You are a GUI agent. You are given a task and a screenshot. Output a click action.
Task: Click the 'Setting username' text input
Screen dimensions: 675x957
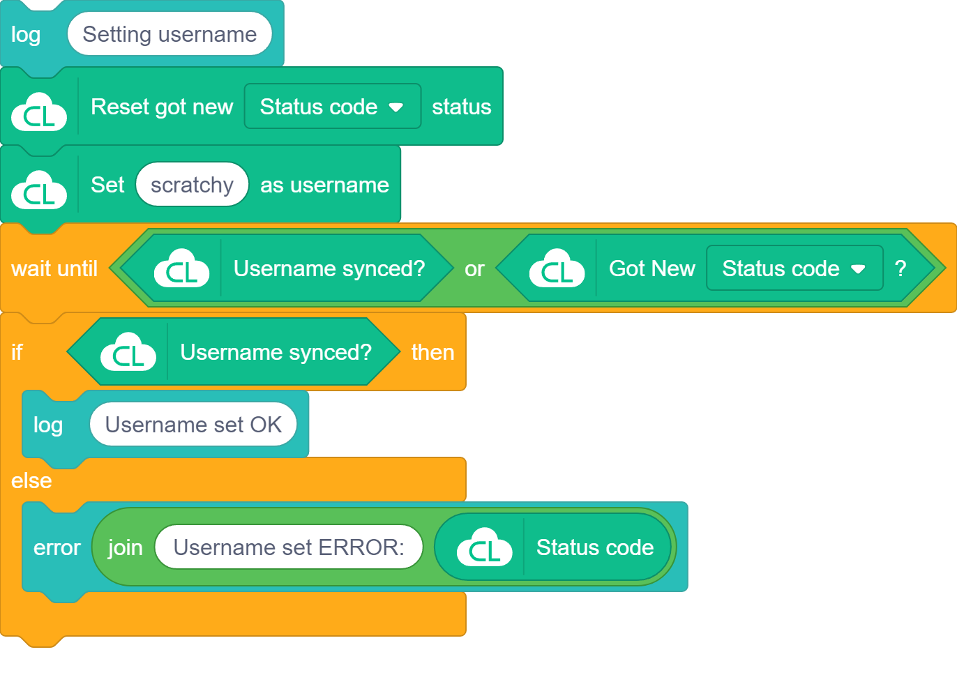click(x=169, y=34)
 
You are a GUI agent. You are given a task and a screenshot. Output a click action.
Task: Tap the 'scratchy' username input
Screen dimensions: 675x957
click(x=192, y=185)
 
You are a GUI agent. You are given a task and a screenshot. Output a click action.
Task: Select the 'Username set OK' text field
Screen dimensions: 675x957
click(x=193, y=425)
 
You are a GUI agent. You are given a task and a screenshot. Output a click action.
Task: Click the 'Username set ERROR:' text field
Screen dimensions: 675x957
click(x=289, y=547)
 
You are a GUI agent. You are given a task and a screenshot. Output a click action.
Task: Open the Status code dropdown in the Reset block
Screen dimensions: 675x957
click(x=332, y=107)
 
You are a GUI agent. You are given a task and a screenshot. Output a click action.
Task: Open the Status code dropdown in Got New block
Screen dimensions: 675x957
click(x=794, y=268)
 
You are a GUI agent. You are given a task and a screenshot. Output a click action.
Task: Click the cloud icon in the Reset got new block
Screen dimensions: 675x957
click(x=39, y=112)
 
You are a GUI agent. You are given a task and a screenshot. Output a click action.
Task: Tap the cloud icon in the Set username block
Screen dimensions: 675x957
click(x=39, y=190)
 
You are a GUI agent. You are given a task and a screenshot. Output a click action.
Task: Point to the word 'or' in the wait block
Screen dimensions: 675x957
click(x=474, y=269)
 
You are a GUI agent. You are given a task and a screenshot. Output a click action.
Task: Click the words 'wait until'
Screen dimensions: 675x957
click(x=54, y=268)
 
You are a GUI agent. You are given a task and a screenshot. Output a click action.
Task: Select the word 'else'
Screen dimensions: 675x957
click(x=31, y=480)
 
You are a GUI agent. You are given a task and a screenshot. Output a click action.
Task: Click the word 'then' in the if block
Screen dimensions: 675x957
click(x=432, y=352)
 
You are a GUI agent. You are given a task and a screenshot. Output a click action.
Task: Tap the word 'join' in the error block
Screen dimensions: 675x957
click(x=125, y=547)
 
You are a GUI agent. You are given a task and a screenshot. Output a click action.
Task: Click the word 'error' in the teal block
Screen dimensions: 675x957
click(x=57, y=547)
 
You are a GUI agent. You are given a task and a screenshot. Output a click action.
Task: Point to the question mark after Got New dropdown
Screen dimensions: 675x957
click(x=901, y=268)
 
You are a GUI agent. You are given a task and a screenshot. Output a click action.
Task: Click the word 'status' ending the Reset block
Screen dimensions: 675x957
click(x=461, y=107)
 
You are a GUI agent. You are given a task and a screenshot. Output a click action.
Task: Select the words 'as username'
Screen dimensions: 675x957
click(x=324, y=185)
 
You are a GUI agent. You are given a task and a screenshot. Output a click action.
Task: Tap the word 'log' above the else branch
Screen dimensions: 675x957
click(x=48, y=425)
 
